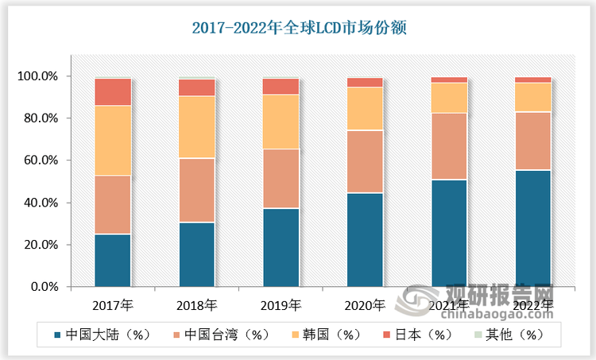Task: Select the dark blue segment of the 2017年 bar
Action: (x=113, y=260)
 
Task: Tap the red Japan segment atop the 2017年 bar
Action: (x=113, y=91)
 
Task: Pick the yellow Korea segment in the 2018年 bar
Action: (x=197, y=127)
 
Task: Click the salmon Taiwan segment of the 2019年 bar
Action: (x=281, y=179)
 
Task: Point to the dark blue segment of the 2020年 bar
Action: (x=366, y=239)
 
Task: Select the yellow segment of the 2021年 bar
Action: (x=450, y=98)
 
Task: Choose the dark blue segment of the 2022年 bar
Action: (x=533, y=228)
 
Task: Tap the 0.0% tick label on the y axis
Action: (x=44, y=287)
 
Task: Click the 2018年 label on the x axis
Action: (x=197, y=304)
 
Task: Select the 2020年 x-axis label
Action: (x=366, y=304)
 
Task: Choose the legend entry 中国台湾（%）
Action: (x=226, y=335)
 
